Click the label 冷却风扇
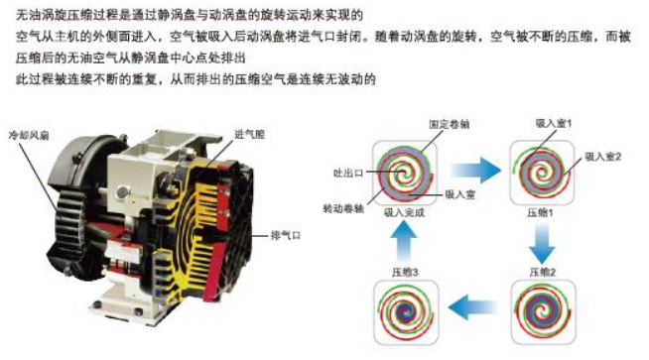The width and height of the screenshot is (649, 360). [x=29, y=135]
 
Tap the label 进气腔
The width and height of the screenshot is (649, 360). [x=249, y=134]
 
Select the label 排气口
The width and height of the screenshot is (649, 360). [x=286, y=235]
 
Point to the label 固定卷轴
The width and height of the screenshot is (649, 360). [x=450, y=124]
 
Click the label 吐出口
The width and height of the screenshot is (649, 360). [x=348, y=173]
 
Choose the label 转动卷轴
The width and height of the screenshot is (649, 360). [x=343, y=208]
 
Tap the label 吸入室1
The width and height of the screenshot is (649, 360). [x=554, y=123]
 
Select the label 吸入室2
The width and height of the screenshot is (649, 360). [x=603, y=157]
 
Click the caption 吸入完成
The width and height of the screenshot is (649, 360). [x=404, y=212]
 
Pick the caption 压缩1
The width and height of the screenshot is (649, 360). [x=540, y=212]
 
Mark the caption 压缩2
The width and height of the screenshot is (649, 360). [x=543, y=272]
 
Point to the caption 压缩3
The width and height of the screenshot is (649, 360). [x=405, y=272]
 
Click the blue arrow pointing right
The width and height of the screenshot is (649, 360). [x=475, y=170]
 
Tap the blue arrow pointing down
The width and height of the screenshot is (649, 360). [x=542, y=243]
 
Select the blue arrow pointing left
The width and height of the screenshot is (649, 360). [x=472, y=307]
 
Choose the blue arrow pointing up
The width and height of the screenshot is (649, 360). [x=404, y=241]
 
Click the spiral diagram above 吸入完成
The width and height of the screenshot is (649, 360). [x=404, y=173]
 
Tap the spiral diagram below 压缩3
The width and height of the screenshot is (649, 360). [x=406, y=312]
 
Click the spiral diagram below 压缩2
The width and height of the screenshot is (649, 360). [x=543, y=312]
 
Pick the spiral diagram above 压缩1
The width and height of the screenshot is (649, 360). [x=542, y=173]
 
